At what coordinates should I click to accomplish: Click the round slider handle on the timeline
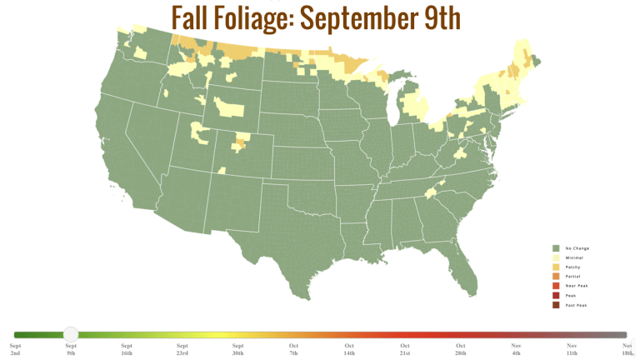coord(71,335)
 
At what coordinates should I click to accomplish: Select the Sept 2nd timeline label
coord(15,349)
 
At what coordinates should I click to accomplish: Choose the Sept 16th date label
coord(127,349)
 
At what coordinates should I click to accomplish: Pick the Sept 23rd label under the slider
coord(182,349)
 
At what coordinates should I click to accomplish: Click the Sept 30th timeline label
coord(237,349)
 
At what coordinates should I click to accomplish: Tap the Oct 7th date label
coord(293,349)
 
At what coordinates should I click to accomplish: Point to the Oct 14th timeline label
coord(349,349)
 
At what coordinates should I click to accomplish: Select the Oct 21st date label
coord(405,349)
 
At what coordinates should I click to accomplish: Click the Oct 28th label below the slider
coord(461,349)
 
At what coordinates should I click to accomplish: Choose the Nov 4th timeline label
coord(516,349)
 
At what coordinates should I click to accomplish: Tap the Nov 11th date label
coord(572,349)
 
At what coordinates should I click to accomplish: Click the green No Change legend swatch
coord(554,248)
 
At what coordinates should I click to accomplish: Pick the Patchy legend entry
coord(572,267)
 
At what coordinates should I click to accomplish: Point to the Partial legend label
coord(572,277)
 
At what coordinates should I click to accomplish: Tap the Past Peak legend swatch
coord(554,305)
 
